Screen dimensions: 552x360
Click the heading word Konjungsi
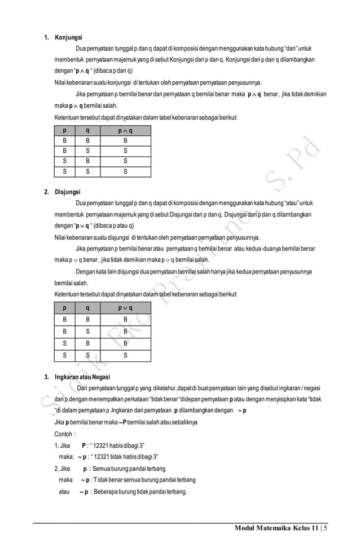coord(68,38)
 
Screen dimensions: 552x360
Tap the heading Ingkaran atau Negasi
coord(82,377)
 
